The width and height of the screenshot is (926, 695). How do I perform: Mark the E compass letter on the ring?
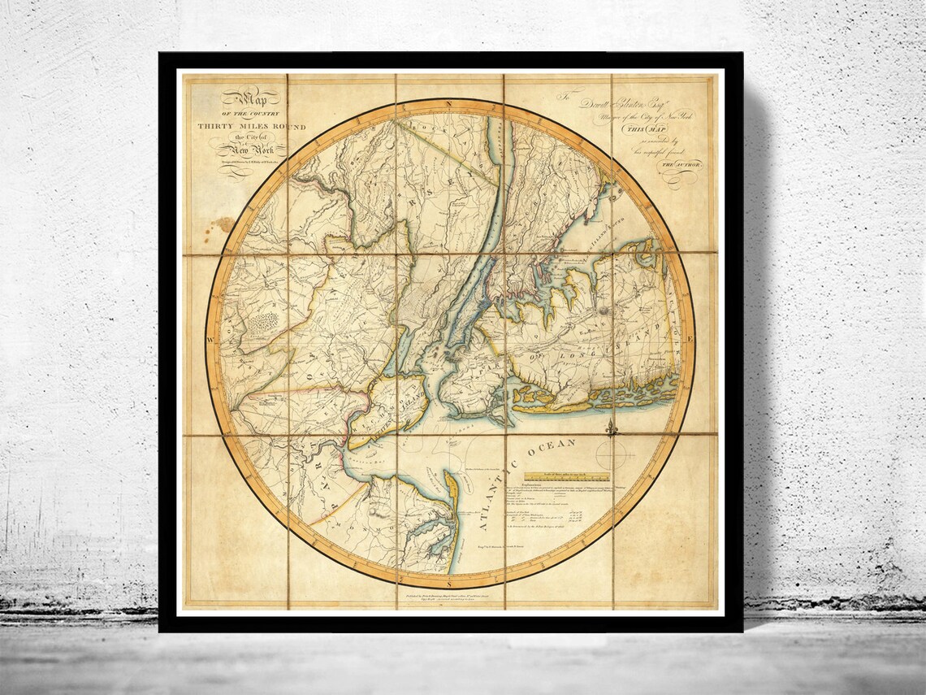690,337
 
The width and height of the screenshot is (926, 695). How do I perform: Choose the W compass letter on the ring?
210,338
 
